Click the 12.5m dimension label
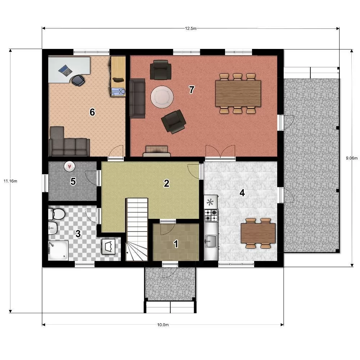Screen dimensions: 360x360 191,28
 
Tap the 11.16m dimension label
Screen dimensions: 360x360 10,181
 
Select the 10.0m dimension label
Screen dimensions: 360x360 163,325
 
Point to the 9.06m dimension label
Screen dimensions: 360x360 352,158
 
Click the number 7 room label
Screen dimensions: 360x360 192,90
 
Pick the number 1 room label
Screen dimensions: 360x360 176,244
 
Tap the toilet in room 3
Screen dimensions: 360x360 57,214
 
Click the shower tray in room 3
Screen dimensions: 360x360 58,251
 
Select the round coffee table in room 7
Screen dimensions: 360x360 162,96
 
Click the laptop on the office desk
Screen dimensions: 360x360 66,70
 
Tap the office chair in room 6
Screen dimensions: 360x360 78,81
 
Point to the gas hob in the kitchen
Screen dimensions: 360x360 211,215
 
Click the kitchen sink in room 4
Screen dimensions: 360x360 211,241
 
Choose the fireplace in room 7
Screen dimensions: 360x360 157,151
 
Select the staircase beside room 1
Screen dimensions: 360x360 137,229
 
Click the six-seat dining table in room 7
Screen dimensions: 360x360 238,94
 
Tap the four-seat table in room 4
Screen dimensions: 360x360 258,233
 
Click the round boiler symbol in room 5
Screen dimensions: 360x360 69,166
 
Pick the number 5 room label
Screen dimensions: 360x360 73,181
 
